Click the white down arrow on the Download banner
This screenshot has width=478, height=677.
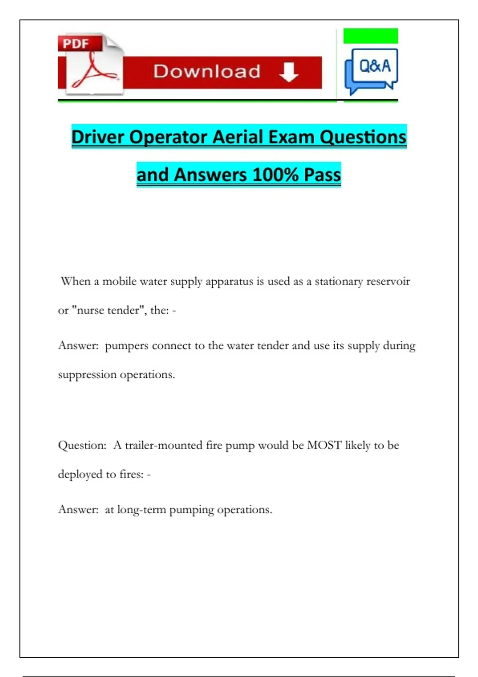(289, 72)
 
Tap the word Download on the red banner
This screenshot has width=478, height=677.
(207, 72)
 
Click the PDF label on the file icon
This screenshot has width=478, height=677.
(76, 43)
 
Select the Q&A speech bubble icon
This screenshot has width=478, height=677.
(372, 70)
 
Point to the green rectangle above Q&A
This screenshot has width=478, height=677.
(370, 36)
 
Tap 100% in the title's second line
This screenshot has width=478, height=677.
(275, 175)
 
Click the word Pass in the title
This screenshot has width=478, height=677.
(322, 175)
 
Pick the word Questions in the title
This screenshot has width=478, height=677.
(363, 137)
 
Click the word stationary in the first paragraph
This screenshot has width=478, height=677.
(339, 282)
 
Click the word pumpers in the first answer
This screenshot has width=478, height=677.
(127, 346)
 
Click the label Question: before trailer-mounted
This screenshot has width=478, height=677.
(82, 445)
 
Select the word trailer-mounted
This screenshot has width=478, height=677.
(164, 445)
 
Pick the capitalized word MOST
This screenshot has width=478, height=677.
(324, 445)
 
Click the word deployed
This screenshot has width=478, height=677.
(80, 474)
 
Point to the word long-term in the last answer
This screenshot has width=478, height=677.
(141, 510)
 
